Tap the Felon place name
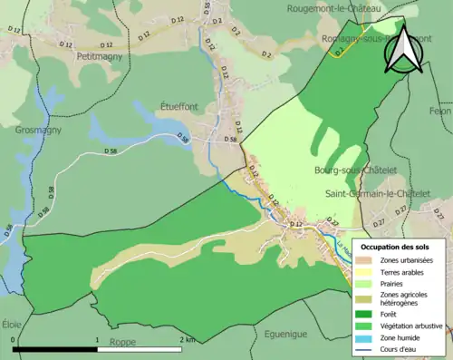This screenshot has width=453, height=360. pyautogui.click(x=439, y=110)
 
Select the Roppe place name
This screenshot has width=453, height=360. pyautogui.click(x=122, y=342)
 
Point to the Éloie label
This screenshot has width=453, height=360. pyautogui.click(x=12, y=323)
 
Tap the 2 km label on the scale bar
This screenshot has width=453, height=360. pyautogui.click(x=187, y=340)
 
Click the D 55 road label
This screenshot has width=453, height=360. pyautogui.click(x=206, y=9)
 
